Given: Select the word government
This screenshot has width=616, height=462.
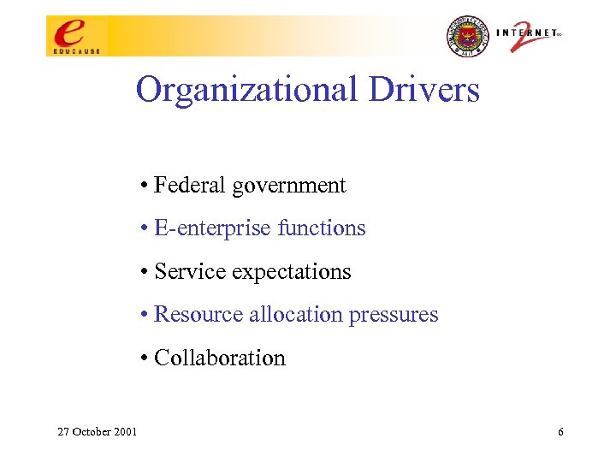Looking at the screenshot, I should [289, 186].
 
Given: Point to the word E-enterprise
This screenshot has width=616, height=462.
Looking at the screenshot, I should [201, 228].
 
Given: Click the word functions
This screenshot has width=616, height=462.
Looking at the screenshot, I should [323, 228].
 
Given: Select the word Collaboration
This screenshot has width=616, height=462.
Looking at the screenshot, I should [219, 358].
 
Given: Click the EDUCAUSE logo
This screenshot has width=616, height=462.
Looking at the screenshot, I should [74, 35].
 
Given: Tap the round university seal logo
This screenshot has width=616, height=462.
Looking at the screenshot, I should [465, 36].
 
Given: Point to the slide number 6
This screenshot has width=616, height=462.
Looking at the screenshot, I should [560, 432].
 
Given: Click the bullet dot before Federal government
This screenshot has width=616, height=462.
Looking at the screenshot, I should [146, 186].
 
